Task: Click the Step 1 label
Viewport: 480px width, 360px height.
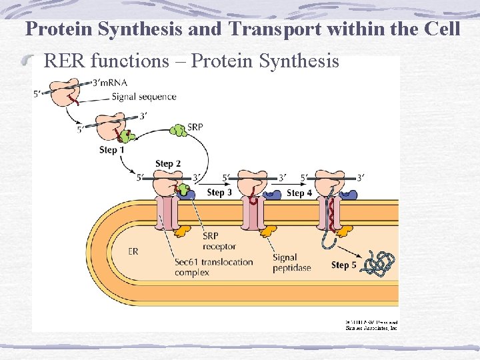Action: point(112,150)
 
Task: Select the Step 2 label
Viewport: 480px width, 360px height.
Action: point(168,163)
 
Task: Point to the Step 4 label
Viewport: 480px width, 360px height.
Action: point(299,193)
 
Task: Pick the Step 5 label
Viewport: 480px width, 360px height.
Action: point(344,265)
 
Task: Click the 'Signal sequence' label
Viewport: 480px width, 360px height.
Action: point(144,97)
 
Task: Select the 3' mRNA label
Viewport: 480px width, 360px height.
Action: point(111,83)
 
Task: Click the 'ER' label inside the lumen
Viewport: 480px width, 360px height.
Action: point(133,251)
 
